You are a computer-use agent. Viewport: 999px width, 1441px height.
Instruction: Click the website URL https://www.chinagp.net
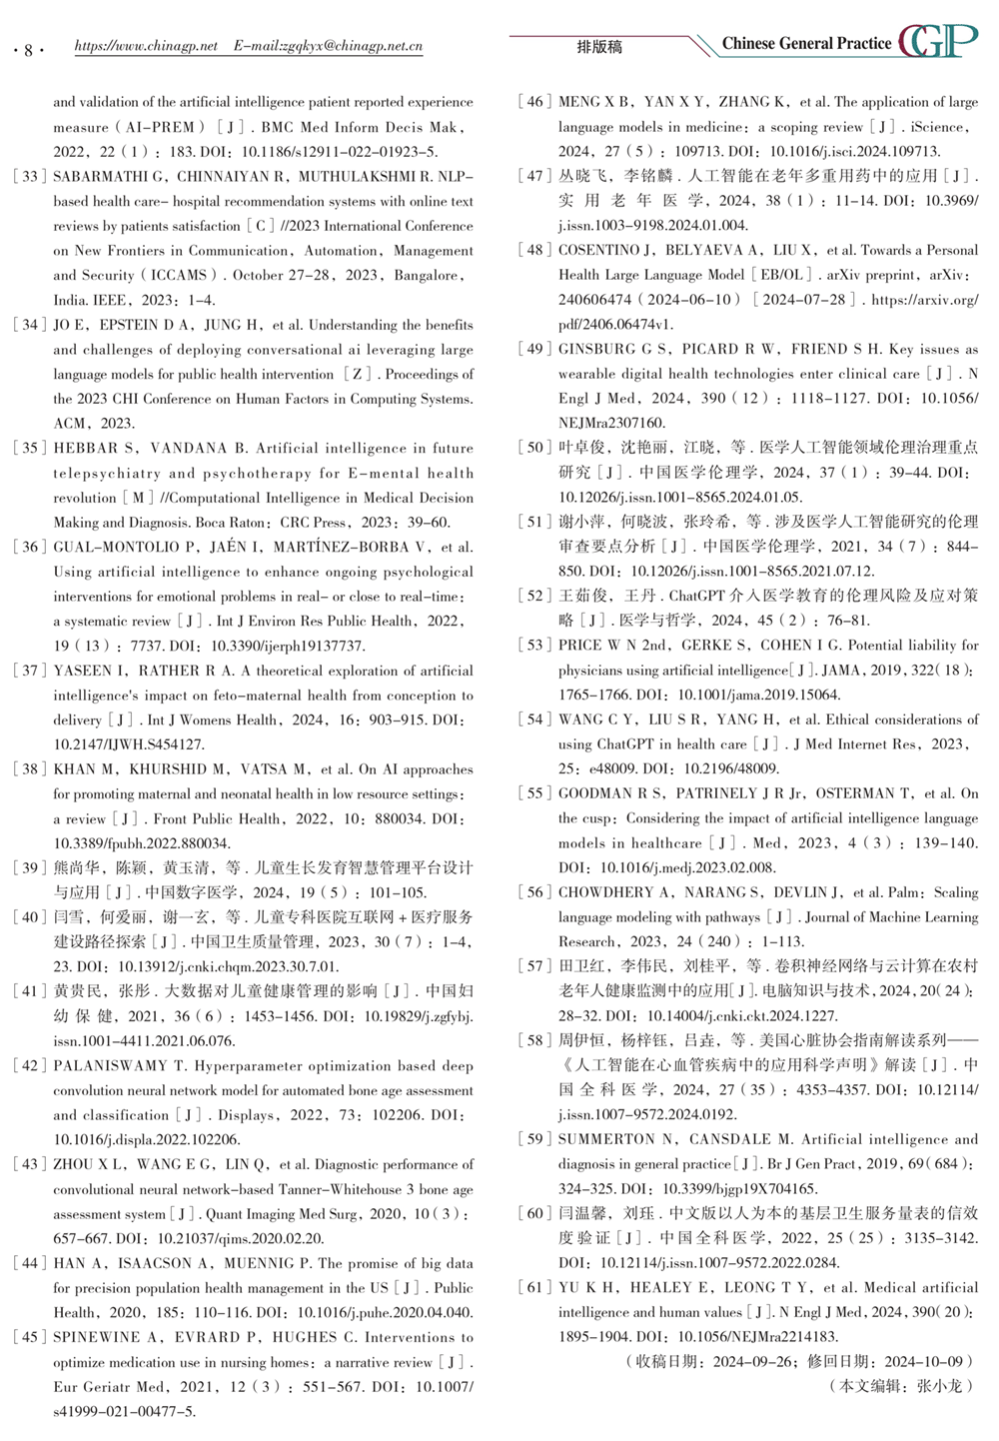[x=146, y=46]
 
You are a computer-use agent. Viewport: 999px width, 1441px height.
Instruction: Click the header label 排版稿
[x=599, y=47]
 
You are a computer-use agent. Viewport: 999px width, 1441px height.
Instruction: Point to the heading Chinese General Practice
[x=806, y=44]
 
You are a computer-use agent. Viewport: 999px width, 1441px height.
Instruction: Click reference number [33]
[x=31, y=177]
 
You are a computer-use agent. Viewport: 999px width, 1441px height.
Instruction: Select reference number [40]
[x=31, y=917]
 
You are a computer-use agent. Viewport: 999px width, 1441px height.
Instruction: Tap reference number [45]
[x=31, y=1337]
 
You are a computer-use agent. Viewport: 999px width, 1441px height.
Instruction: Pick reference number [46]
[x=535, y=102]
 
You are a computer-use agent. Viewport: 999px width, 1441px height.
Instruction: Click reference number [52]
[x=535, y=596]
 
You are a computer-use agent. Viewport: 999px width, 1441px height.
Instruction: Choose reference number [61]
[x=535, y=1287]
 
